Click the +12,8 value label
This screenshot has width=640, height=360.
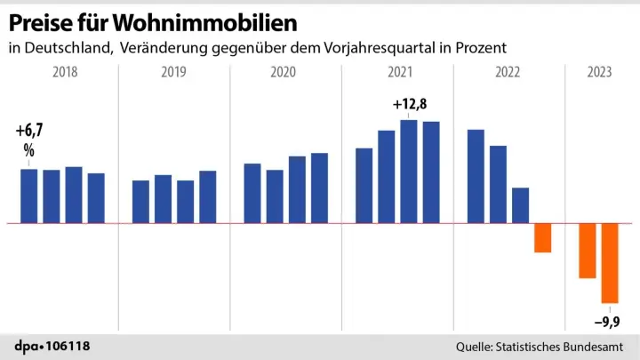pos(409,107)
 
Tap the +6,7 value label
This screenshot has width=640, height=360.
pos(28,132)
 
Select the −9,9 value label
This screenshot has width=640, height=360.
pos(608,322)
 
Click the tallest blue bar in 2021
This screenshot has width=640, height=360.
pos(409,171)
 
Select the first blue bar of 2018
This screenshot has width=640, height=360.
pos(29,196)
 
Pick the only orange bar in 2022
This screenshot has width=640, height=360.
pos(542,237)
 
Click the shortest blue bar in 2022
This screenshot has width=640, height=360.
pos(520,205)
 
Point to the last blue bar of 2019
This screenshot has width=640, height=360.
pos(208,196)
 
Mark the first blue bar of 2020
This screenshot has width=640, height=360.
pos(252,193)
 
